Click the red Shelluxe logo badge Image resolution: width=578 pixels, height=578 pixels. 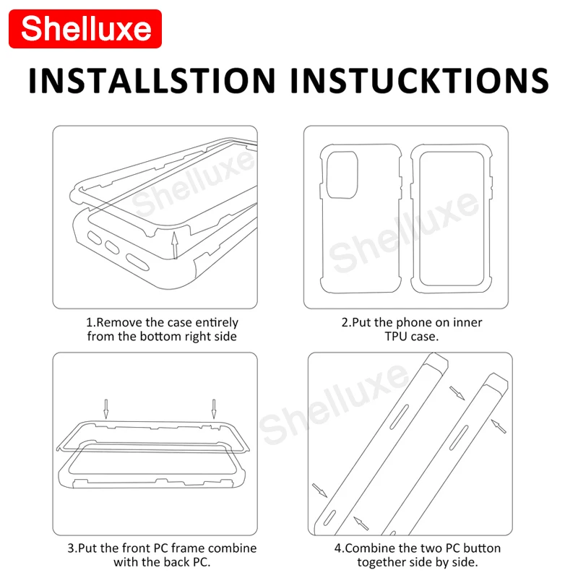coord(86,29)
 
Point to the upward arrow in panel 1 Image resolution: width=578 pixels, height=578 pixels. coord(173,245)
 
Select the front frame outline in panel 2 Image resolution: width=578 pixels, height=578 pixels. coord(448,217)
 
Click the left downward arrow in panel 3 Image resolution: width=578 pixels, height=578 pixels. coord(105,408)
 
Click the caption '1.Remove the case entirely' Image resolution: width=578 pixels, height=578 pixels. coord(162,322)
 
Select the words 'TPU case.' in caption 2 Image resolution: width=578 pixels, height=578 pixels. coord(412,336)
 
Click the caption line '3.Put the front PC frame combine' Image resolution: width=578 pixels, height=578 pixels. coord(162,548)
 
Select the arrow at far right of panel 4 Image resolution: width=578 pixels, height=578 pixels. coord(499,427)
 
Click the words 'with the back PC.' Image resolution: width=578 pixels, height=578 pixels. coord(162,562)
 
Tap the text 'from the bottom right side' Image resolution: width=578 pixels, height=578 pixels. coord(162,336)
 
